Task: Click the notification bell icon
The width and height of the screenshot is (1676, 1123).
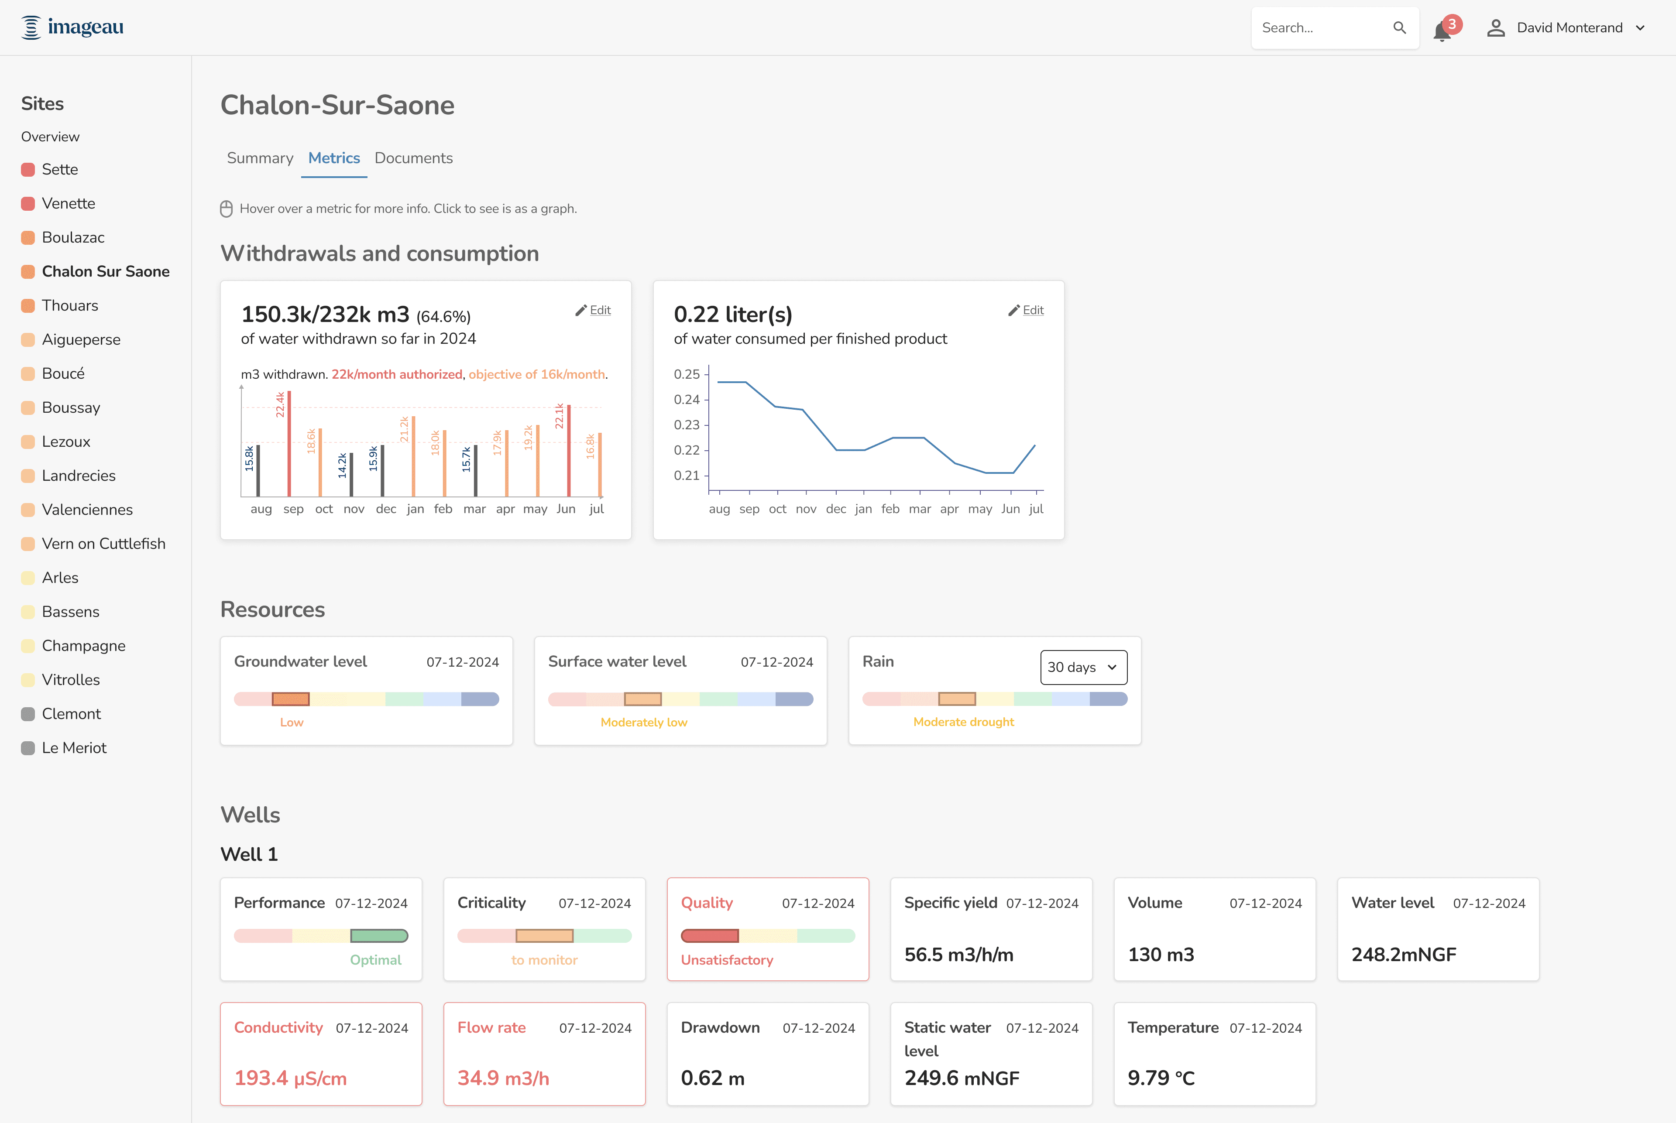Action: click(x=1442, y=31)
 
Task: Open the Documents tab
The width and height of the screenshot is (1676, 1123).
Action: click(x=413, y=158)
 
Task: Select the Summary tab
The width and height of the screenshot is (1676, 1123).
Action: click(x=260, y=158)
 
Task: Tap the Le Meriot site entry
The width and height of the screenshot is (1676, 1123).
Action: click(x=74, y=748)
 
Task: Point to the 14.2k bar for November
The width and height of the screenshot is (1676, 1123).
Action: click(x=351, y=474)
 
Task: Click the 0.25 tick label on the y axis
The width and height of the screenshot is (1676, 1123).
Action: click(x=687, y=374)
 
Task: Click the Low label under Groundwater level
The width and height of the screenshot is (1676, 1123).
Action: click(x=292, y=722)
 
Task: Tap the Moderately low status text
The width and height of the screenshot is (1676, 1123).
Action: click(x=643, y=722)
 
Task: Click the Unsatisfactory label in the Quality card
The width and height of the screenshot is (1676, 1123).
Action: click(x=727, y=960)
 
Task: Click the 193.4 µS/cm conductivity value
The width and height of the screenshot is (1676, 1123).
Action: click(x=290, y=1078)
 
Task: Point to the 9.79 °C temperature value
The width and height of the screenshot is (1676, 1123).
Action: click(x=1161, y=1078)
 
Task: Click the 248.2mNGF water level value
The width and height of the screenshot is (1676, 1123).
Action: click(x=1404, y=955)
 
